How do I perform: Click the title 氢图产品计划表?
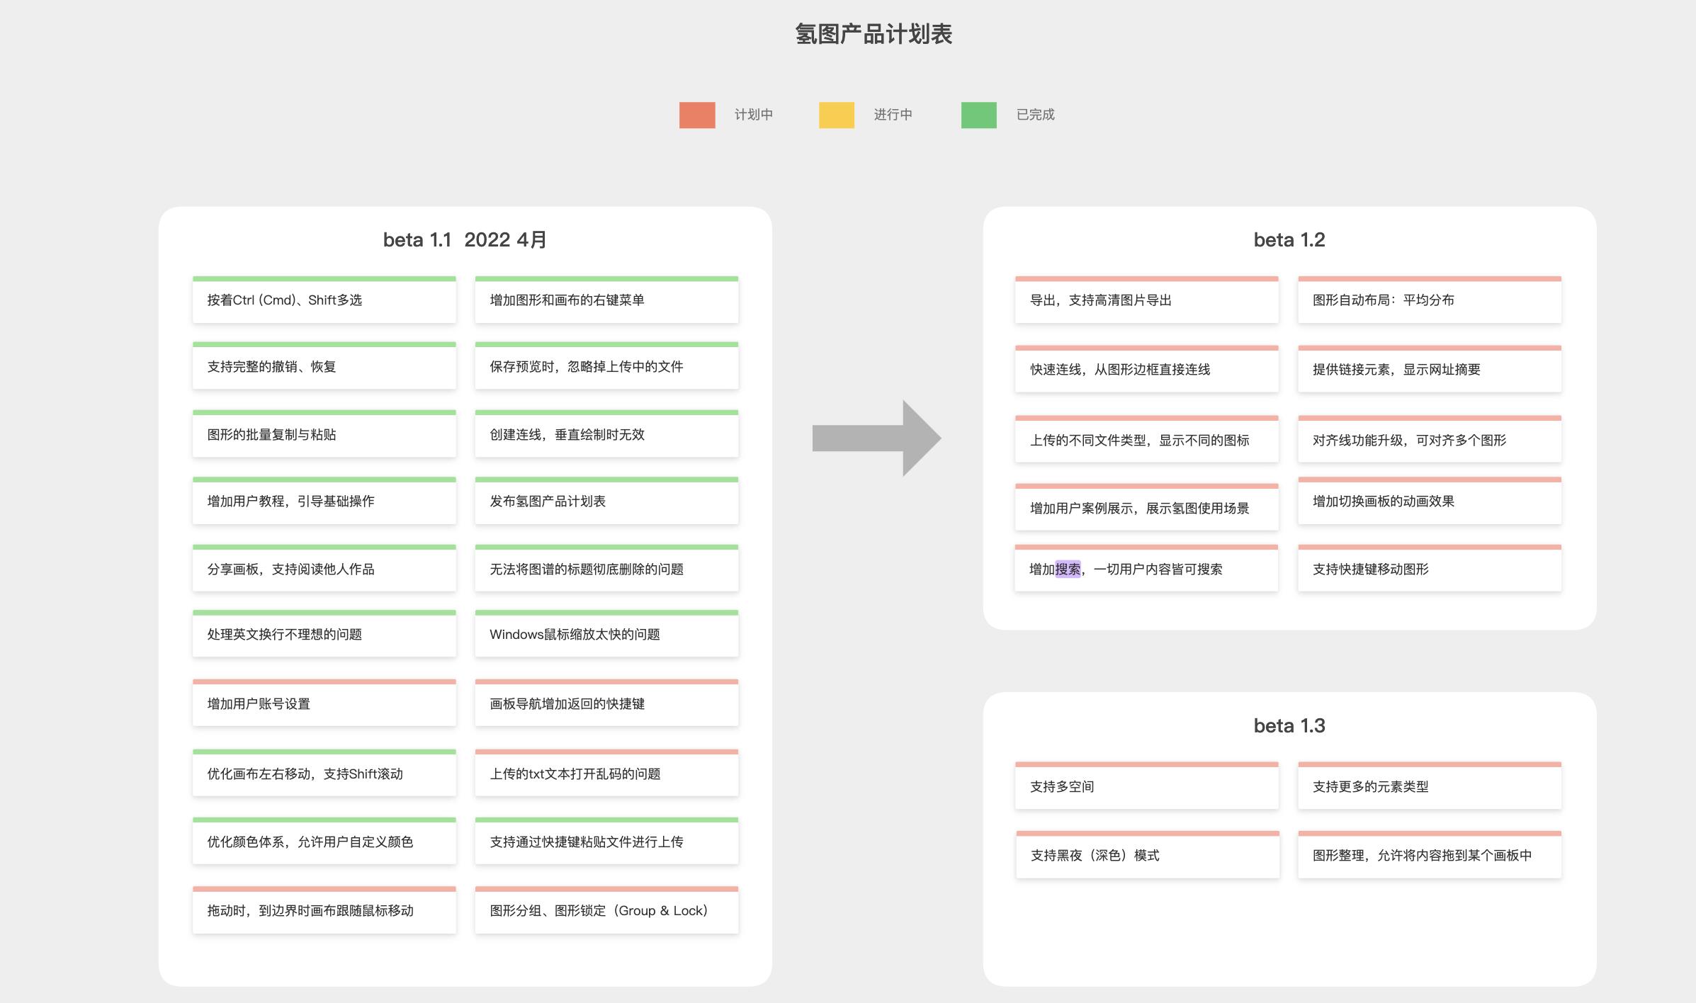click(x=874, y=34)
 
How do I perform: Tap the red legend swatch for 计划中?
click(x=697, y=115)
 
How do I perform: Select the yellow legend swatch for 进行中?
click(x=837, y=115)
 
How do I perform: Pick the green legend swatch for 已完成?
click(x=979, y=115)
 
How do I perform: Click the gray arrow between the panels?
click(x=876, y=438)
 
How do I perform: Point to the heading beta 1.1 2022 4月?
click(x=465, y=240)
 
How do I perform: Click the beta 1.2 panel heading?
click(x=1289, y=240)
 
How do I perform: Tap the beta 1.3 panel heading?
click(x=1289, y=726)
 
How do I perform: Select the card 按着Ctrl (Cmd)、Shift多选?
click(x=324, y=300)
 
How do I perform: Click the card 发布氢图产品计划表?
click(x=607, y=501)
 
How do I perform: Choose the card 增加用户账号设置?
click(x=324, y=703)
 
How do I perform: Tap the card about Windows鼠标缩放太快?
click(x=607, y=633)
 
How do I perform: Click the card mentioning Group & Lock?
click(x=607, y=910)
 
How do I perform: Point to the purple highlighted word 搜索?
click(x=1068, y=569)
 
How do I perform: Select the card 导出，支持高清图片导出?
click(x=1147, y=300)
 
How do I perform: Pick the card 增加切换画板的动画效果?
click(x=1430, y=501)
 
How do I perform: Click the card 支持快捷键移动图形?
click(x=1430, y=568)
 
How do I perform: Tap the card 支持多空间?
click(x=1147, y=786)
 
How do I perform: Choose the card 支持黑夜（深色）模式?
click(x=1148, y=855)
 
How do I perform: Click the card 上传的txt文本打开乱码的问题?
click(x=607, y=773)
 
